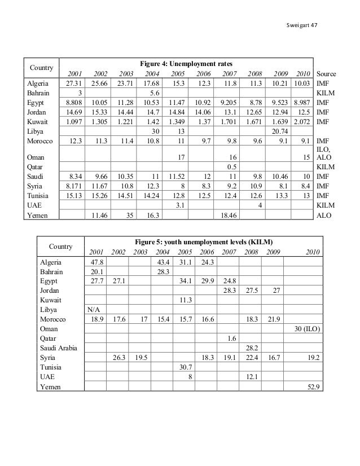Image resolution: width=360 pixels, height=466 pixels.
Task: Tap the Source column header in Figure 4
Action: coord(326,73)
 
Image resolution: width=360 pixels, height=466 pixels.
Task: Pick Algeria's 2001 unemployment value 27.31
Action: coord(73,83)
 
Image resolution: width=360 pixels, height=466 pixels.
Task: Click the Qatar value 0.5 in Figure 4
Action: coord(230,167)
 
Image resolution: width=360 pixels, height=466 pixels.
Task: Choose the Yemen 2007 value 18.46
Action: coord(226,215)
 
